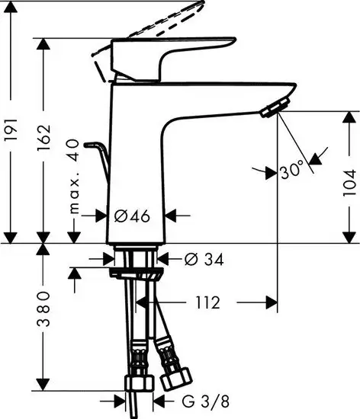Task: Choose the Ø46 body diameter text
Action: [x=133, y=216]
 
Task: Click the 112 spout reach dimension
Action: [x=202, y=303]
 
